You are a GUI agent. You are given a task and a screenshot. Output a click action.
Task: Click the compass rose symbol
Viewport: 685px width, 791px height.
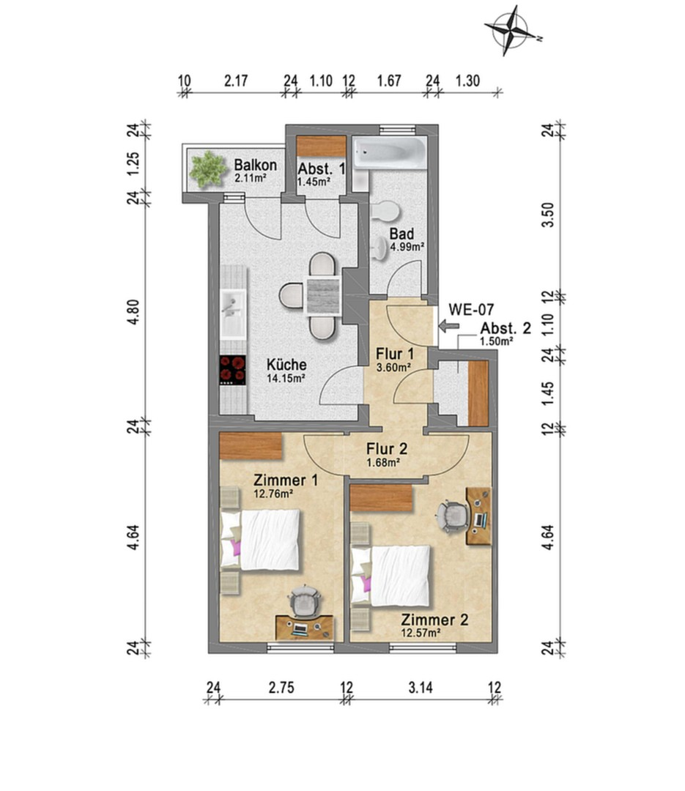coord(511,30)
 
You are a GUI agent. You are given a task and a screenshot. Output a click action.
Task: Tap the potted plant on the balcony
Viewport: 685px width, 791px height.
coord(207,169)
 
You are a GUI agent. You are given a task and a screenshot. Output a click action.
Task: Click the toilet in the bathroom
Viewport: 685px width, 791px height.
coord(386,211)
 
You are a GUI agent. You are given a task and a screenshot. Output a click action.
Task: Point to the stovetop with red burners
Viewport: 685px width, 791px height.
coord(233,371)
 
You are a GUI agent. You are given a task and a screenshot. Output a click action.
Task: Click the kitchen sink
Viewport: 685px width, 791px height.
coord(233,313)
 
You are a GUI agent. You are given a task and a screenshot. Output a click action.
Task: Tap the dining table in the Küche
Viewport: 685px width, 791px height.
coord(322,296)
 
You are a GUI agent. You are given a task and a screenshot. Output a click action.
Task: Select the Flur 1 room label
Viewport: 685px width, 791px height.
coord(395,354)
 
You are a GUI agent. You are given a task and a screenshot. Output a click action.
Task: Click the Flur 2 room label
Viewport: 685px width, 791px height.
coord(387,448)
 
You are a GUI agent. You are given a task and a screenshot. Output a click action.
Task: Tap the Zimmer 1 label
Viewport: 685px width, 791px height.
coord(286,480)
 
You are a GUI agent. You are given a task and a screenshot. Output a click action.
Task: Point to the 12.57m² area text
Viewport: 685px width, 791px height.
coord(420,633)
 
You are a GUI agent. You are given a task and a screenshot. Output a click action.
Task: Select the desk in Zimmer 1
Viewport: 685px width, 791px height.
coord(304,628)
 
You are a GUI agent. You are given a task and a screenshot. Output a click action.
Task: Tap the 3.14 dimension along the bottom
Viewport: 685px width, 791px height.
coord(421,687)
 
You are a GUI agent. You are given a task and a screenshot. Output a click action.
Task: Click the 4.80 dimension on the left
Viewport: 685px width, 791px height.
coord(133,312)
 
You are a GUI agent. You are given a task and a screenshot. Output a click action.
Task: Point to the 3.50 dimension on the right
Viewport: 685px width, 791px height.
coord(548,215)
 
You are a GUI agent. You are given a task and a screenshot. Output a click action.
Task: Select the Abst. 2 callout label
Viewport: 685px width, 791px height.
coord(506,328)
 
